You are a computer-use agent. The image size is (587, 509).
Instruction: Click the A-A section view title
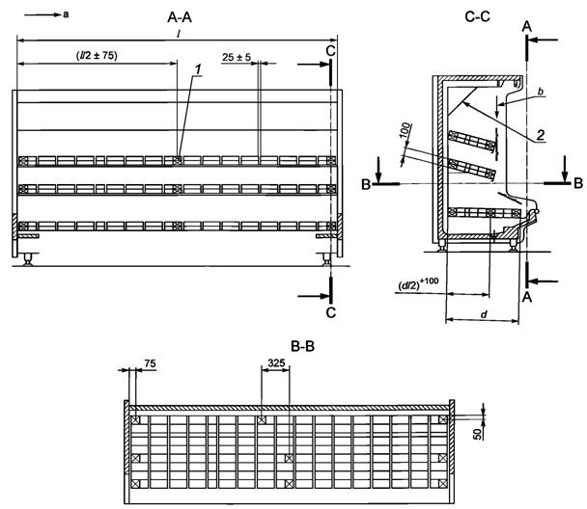[x=180, y=17]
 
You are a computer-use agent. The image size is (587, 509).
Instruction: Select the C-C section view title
[x=477, y=16]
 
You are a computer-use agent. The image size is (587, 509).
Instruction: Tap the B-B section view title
[x=302, y=347]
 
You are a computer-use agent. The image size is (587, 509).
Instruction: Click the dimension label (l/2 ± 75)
[x=97, y=56]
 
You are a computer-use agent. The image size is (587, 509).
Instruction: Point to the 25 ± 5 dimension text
[x=237, y=58]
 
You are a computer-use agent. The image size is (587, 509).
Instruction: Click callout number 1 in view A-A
[x=198, y=69]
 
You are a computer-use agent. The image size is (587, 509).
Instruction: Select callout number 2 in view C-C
[x=541, y=135]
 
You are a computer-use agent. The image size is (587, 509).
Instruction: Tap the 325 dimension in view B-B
[x=276, y=362]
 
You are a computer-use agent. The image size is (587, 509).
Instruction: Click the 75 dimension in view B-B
[x=150, y=363]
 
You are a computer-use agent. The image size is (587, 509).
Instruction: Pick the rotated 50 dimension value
[x=478, y=434]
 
